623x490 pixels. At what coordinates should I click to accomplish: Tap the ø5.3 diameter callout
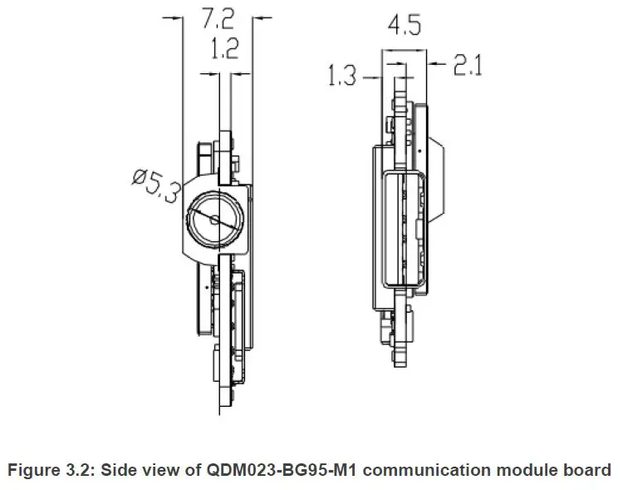point(155,185)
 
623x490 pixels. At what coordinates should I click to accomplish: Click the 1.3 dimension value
point(343,77)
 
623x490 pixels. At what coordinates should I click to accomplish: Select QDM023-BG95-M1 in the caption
point(273,470)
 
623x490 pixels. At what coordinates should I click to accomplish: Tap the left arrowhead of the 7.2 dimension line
point(175,16)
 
